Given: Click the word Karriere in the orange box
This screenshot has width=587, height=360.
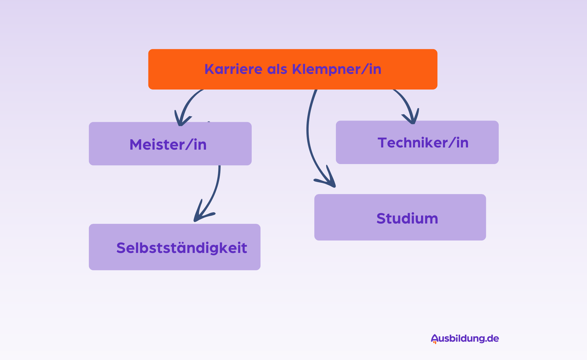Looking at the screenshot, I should (233, 69).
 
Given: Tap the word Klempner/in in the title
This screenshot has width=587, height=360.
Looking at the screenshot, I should (337, 69).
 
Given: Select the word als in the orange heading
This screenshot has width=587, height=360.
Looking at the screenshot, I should (277, 69).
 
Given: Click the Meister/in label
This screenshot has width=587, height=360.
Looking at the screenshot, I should (168, 145).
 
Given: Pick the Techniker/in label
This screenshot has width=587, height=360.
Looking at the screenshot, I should (423, 143).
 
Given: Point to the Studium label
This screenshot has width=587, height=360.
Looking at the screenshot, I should (407, 219).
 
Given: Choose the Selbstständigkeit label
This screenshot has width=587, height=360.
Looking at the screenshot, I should (182, 248).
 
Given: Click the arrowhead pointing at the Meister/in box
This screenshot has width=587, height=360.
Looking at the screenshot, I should (181, 121).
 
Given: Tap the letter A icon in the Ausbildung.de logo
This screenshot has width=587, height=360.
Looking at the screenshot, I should (434, 339).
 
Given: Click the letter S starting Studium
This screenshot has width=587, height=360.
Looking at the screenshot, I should (381, 219).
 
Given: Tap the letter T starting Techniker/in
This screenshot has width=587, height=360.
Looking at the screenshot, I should (383, 143).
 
